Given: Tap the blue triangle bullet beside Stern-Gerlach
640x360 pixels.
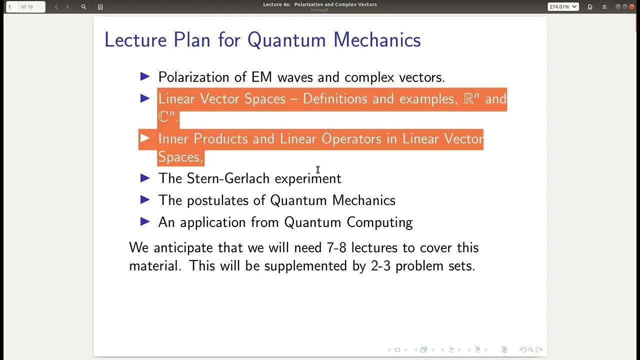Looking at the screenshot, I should (145, 178).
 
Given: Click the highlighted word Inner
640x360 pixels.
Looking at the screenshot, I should (174, 139).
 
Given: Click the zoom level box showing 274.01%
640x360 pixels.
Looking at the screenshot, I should (563, 7).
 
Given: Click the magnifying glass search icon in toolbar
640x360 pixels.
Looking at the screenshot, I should (83, 7).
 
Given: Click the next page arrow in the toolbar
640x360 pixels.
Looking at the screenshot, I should (67, 7).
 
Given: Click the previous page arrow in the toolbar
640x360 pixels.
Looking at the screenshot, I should (56, 7).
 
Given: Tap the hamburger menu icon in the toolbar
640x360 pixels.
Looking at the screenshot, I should (604, 7).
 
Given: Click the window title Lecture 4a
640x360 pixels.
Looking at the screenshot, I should (277, 4).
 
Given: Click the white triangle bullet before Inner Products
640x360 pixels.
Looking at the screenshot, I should (145, 138).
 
